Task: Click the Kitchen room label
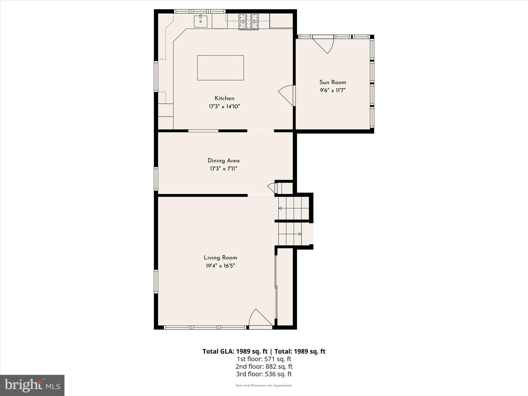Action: coord(224,98)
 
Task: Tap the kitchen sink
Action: coord(200,21)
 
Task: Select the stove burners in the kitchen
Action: coord(249,22)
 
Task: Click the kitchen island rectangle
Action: coord(220,68)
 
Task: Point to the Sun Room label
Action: coord(333,82)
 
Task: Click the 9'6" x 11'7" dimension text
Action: coord(333,90)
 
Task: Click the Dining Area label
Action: coord(224,161)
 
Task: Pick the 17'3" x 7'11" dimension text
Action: coord(224,169)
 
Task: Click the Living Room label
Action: coord(220,258)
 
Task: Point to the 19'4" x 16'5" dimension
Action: coord(220,266)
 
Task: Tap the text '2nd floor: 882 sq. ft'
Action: coord(264,366)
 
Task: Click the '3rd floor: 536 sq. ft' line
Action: coord(264,374)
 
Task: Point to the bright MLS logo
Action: coord(32,385)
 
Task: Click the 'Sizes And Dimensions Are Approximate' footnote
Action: coord(264,385)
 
